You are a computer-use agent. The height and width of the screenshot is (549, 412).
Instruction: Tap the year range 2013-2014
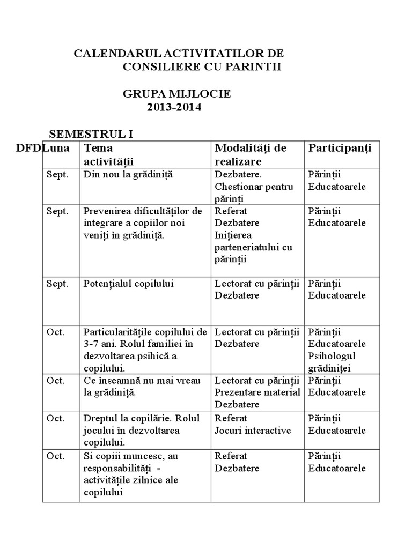[175, 107]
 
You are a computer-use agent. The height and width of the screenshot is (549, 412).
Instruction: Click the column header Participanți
[340, 148]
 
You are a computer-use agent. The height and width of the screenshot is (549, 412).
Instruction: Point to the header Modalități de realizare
[251, 154]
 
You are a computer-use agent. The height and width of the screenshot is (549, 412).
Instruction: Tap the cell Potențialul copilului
[129, 284]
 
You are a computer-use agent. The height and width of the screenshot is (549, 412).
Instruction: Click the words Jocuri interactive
[253, 431]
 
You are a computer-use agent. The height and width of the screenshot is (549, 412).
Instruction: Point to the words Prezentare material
[257, 392]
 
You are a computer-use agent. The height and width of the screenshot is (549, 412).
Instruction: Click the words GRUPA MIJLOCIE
[176, 93]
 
